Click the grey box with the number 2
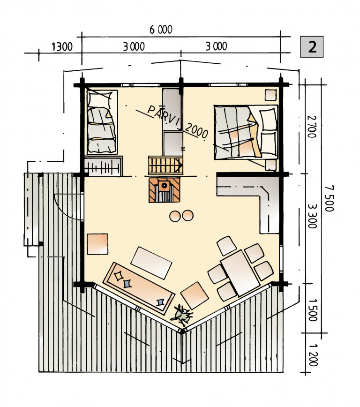point(312,47)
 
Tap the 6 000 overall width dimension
point(161,30)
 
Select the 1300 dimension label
point(62,47)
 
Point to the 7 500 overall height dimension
point(329,198)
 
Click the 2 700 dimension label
point(312,127)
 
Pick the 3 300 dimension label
point(312,216)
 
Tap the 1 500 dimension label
point(314,310)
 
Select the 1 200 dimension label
point(314,355)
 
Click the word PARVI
point(164,116)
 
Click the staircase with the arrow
point(165,165)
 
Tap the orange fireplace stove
point(165,190)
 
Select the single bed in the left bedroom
point(102,122)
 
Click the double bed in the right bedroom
point(246,132)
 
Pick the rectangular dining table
point(240,273)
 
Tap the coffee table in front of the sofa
point(151,263)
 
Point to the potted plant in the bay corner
point(182,315)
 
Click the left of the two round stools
point(175,216)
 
